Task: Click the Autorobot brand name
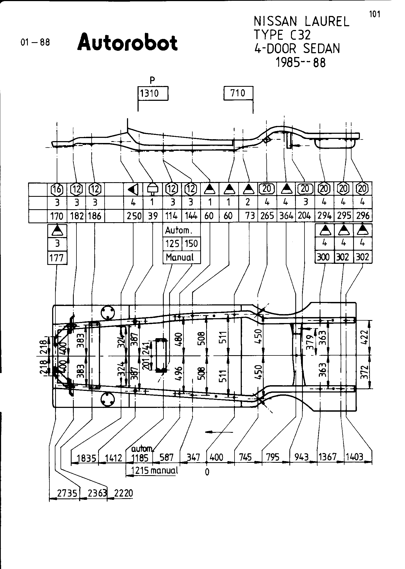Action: (128, 43)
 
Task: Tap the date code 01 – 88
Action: (35, 42)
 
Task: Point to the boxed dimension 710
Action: (238, 93)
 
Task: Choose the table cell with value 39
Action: (153, 216)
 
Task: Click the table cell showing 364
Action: (286, 216)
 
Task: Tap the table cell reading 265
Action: (267, 216)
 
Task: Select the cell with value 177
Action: (57, 258)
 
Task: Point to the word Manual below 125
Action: (180, 257)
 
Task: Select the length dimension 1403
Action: (354, 457)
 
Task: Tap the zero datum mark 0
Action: (207, 472)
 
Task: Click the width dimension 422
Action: (364, 337)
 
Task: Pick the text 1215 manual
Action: (154, 471)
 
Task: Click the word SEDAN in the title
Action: (322, 49)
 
